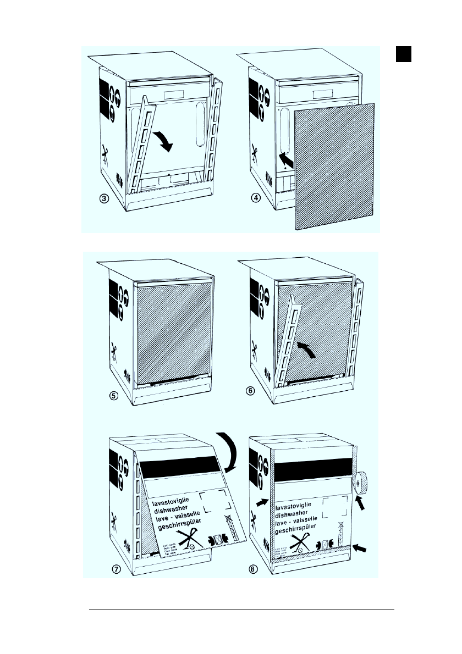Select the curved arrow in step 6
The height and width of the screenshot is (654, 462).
pyautogui.click(x=305, y=351)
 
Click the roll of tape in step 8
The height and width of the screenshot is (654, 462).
pyautogui.click(x=361, y=483)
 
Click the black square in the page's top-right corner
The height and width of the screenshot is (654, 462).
pyautogui.click(x=404, y=54)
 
